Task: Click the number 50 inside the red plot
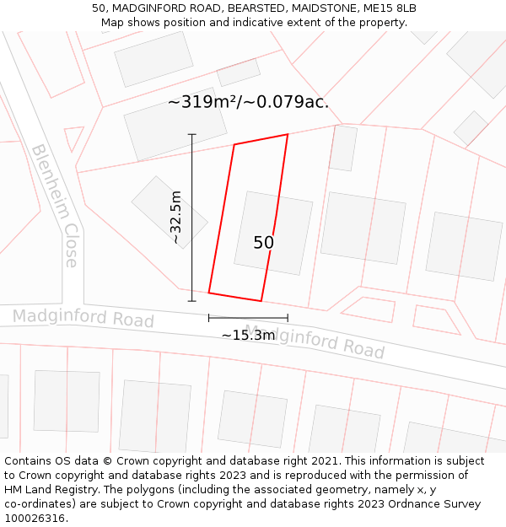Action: (263, 243)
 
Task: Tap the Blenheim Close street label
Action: (56, 206)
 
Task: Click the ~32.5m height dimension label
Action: (175, 218)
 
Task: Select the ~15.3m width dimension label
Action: (248, 335)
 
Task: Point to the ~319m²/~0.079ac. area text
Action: (248, 103)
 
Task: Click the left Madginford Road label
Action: (83, 318)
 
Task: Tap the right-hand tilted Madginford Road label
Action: (314, 340)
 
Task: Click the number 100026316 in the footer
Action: (35, 518)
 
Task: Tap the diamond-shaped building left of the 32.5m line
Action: (170, 212)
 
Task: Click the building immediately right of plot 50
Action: (363, 228)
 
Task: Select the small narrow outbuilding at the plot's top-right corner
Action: (343, 148)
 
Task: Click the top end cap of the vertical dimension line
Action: (191, 134)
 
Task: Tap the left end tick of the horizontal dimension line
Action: (209, 318)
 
